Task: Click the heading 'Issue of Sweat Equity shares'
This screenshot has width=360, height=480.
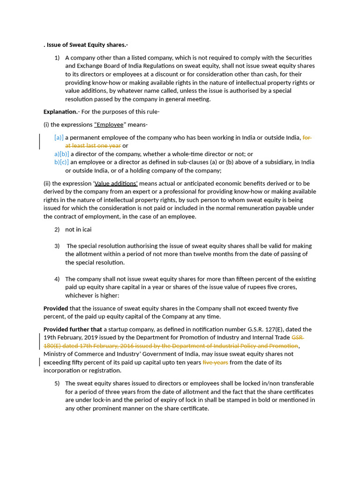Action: click(x=87, y=45)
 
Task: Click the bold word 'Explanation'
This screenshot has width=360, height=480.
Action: click(x=60, y=112)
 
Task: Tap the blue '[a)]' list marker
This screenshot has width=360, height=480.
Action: click(x=59, y=138)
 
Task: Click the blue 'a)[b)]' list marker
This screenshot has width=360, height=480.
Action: click(x=61, y=154)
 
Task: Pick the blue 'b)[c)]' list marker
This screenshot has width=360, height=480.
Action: click(x=61, y=162)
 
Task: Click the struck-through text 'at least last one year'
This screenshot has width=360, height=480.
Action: click(x=93, y=146)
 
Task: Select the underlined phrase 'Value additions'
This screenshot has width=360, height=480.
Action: click(x=116, y=184)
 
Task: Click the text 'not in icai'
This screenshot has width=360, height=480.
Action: click(x=78, y=229)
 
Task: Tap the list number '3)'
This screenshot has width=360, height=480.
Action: click(x=57, y=246)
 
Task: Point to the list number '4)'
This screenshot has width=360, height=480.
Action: click(x=57, y=279)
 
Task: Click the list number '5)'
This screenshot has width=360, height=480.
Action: click(x=57, y=383)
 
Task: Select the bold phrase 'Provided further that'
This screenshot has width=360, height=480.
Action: click(x=73, y=330)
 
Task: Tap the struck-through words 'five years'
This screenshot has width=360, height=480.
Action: click(x=215, y=362)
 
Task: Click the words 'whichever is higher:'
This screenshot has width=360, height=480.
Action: click(x=92, y=295)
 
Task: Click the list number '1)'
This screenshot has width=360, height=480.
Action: click(x=57, y=58)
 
